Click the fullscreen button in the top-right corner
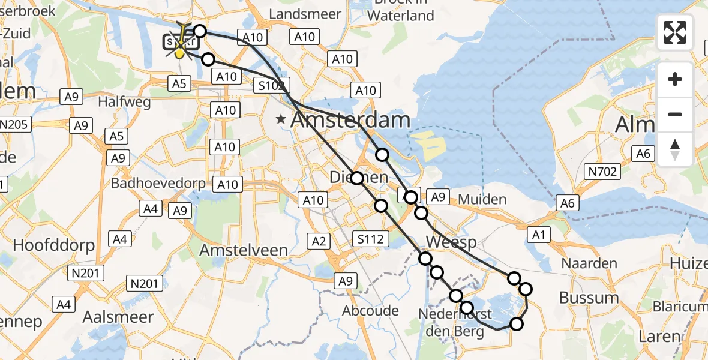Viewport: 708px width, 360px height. [675, 32]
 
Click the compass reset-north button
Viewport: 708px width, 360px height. [675, 149]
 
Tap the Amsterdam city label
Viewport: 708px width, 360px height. [350, 120]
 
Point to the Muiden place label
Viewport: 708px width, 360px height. [482, 199]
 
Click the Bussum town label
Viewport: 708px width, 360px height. [589, 298]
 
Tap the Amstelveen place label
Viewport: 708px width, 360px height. [244, 250]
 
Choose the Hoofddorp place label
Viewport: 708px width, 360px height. [54, 245]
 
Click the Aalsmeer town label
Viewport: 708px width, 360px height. [118, 317]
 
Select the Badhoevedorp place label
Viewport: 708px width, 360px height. [158, 184]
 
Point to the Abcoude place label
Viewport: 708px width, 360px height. [370, 310]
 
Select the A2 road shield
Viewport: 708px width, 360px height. [319, 241]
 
